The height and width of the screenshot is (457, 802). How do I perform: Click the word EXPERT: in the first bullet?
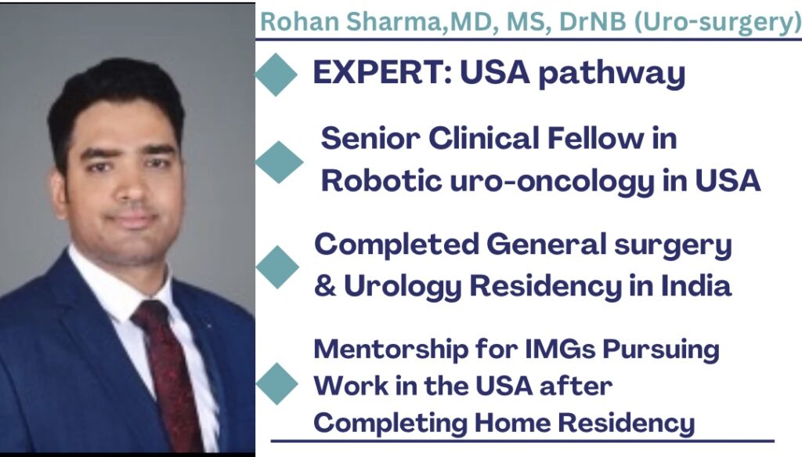click(x=382, y=72)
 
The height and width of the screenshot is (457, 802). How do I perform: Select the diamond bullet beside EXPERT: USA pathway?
click(x=276, y=74)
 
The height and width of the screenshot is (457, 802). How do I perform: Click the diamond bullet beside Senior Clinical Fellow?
click(x=280, y=162)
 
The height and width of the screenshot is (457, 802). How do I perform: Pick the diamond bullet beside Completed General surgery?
click(x=277, y=267)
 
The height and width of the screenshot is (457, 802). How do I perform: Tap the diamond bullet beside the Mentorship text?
click(x=276, y=384)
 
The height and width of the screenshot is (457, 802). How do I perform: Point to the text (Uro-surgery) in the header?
click(x=717, y=23)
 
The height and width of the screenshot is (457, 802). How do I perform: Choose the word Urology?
click(x=403, y=287)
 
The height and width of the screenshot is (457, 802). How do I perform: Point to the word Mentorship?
click(x=391, y=350)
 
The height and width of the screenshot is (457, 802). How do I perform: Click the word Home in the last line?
click(x=512, y=423)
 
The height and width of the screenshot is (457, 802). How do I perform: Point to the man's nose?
click(x=134, y=185)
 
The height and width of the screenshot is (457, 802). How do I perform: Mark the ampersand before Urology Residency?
click(x=325, y=285)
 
